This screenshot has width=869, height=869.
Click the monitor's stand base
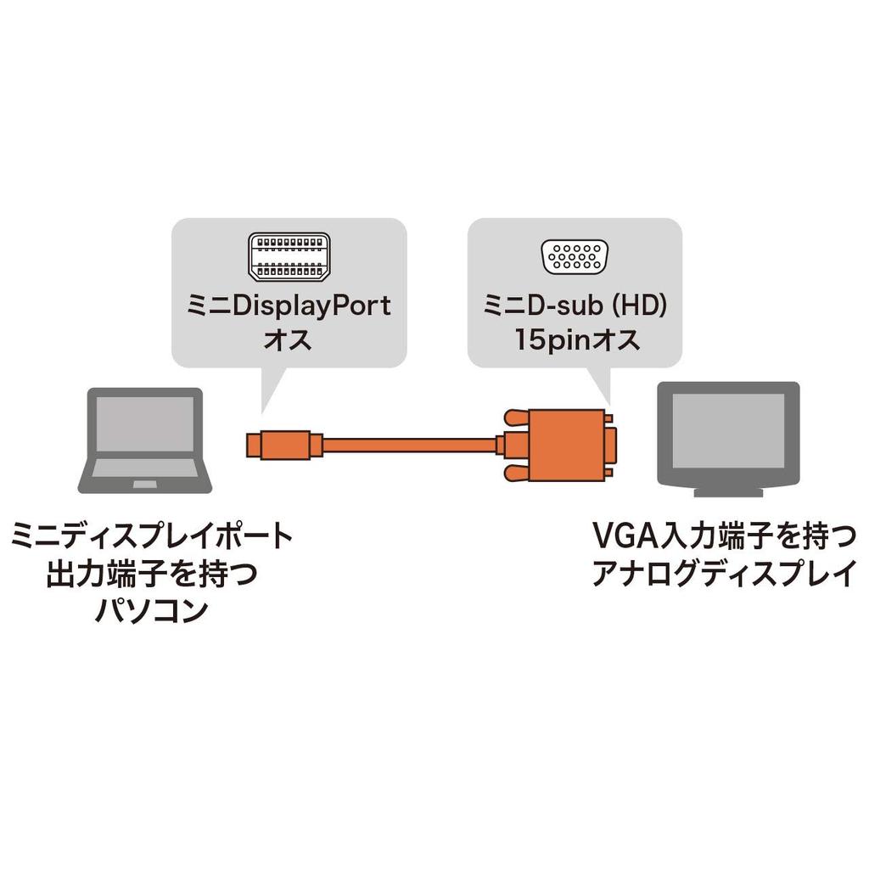click(728, 492)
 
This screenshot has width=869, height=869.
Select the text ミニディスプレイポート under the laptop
click(151, 538)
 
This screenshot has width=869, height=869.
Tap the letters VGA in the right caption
click(620, 538)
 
